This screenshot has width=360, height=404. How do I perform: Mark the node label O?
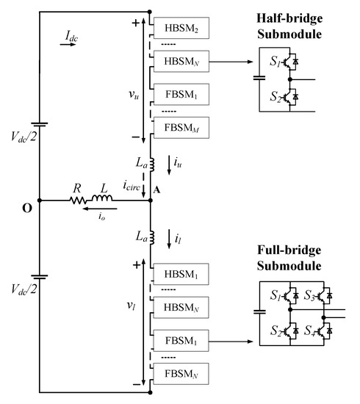[x=26, y=208]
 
